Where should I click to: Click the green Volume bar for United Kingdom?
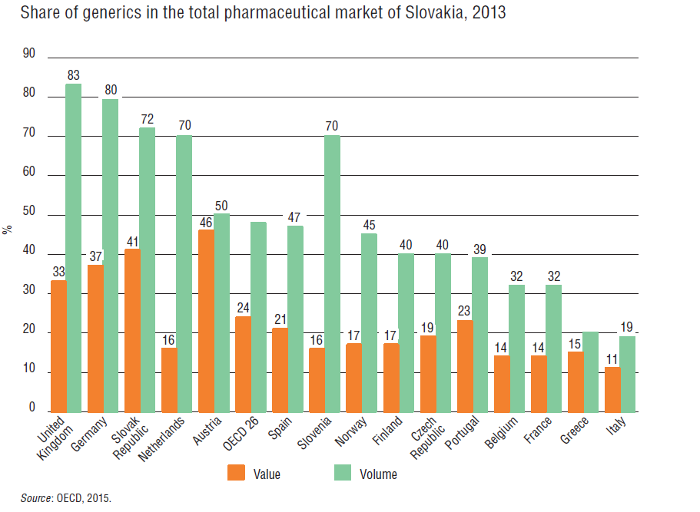coord(74,248)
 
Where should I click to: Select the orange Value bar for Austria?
coord(205,321)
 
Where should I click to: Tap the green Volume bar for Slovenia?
coord(332,273)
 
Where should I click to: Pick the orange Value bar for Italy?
coord(612,389)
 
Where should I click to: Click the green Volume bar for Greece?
coord(591,372)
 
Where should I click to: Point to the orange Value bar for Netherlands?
coord(168,380)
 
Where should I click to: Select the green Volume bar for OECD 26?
coord(258,316)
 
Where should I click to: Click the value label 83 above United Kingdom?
coord(74,75)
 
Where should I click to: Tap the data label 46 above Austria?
coord(205,222)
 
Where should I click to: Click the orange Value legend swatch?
coord(235,473)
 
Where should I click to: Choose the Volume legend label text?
coord(378,474)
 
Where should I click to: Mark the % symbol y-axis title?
coord(7,230)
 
